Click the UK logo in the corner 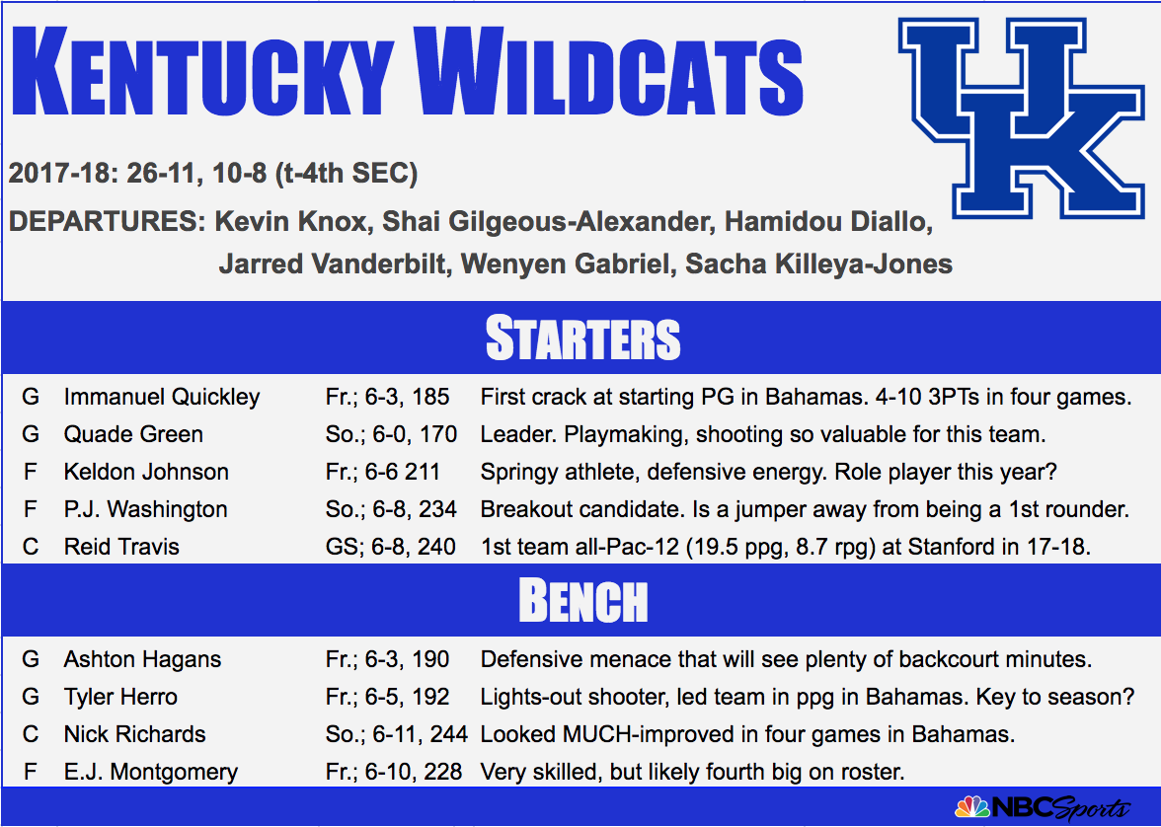[x=1021, y=118]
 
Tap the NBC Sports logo [x=1044, y=807]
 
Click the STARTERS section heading [x=582, y=338]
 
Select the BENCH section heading [x=582, y=600]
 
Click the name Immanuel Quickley [x=162, y=397]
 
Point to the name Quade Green [x=133, y=434]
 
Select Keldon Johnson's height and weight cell [x=383, y=472]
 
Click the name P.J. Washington [x=146, y=509]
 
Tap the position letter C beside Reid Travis [x=31, y=547]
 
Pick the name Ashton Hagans [x=142, y=659]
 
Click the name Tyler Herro [x=120, y=697]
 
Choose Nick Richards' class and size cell [x=397, y=734]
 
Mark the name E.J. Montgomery [x=151, y=772]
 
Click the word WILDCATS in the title [x=608, y=71]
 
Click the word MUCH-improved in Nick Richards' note [x=652, y=734]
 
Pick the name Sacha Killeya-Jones [x=819, y=263]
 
